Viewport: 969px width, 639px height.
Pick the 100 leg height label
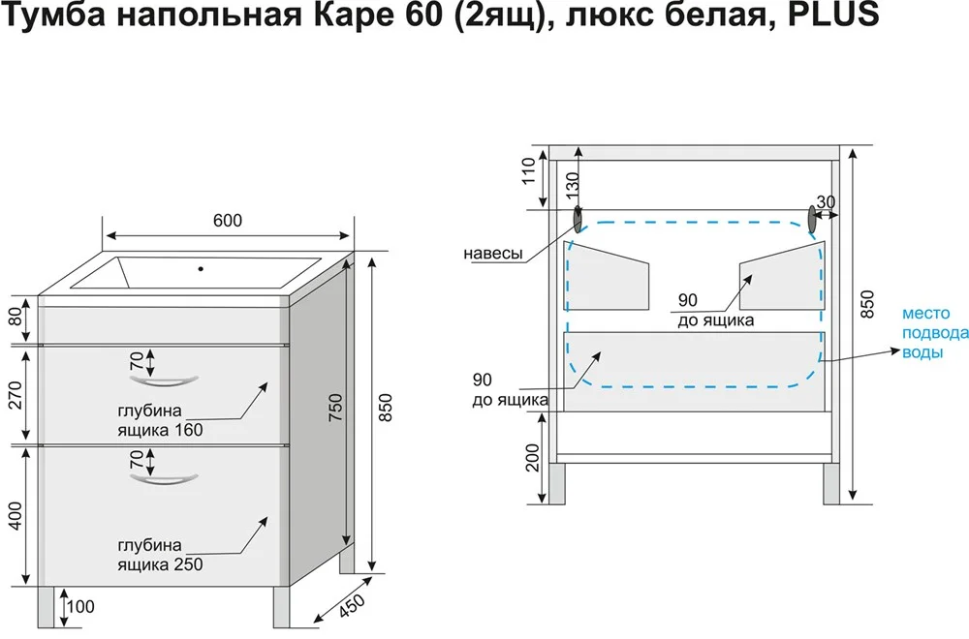81,607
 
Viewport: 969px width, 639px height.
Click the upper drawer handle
164,378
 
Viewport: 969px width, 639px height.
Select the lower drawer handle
164,477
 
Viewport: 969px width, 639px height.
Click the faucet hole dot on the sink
202,268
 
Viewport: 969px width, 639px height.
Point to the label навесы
493,254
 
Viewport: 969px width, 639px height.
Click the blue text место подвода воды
934,333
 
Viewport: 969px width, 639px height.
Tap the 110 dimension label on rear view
528,170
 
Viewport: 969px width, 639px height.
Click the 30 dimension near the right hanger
826,202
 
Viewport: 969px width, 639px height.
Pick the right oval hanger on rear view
812,220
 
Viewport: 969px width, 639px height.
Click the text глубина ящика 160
162,419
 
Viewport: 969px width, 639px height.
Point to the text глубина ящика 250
161,554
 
